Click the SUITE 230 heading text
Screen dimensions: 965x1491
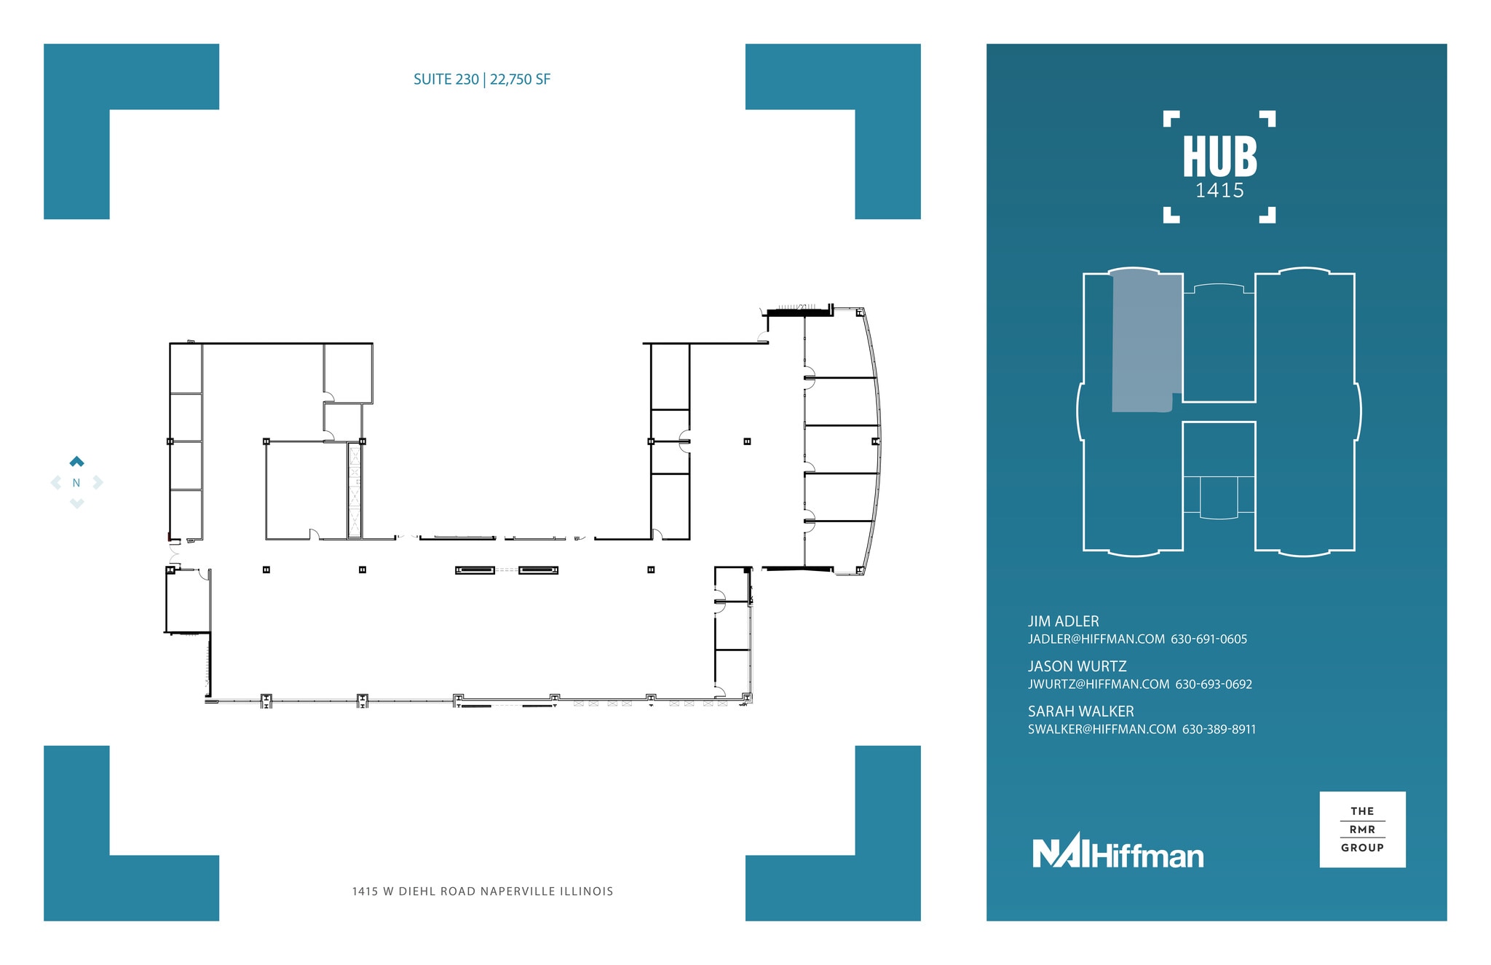point(446,79)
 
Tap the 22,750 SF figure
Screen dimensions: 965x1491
point(520,79)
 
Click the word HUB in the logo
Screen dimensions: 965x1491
point(1219,157)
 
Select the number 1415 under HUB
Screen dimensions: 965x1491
point(1219,191)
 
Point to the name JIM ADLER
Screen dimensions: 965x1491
point(1063,621)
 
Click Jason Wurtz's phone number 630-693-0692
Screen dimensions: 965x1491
point(1214,685)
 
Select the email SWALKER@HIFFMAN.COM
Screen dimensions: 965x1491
point(1102,730)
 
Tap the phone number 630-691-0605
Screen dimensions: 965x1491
point(1209,639)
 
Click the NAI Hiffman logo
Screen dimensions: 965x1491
point(1118,852)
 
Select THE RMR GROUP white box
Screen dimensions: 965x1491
point(1362,830)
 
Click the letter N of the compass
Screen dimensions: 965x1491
point(76,483)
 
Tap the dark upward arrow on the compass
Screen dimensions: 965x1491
point(76,461)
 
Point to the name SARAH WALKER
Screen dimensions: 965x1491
point(1080,712)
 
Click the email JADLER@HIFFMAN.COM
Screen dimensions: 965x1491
point(1096,639)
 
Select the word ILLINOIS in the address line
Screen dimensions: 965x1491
point(587,891)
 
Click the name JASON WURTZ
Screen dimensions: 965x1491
point(1077,666)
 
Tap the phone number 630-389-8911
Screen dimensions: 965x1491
point(1219,730)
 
